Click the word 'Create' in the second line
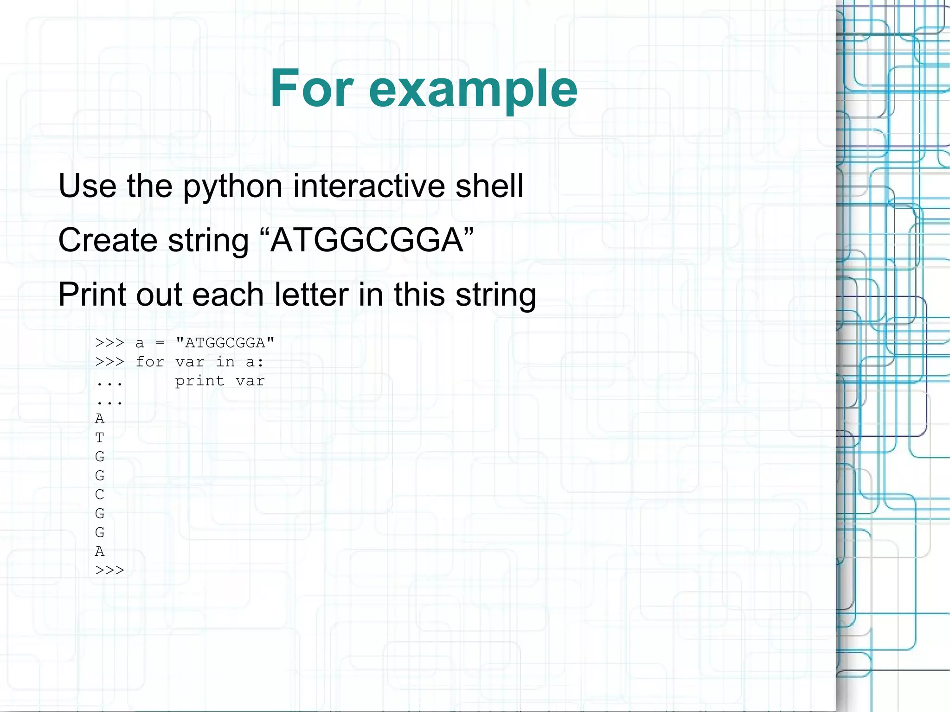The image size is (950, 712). [x=108, y=240]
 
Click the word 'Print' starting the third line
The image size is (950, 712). [x=92, y=295]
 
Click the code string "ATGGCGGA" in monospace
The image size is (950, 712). [x=225, y=343]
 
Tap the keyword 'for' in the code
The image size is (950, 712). [x=150, y=362]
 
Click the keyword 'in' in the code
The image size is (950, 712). [x=225, y=362]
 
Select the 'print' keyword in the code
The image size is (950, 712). [x=199, y=381]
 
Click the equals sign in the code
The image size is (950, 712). [x=160, y=343]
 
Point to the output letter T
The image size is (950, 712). [x=100, y=437]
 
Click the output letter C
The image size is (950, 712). [x=100, y=494]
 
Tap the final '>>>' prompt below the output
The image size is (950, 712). [x=109, y=570]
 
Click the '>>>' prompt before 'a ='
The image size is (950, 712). [x=109, y=343]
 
